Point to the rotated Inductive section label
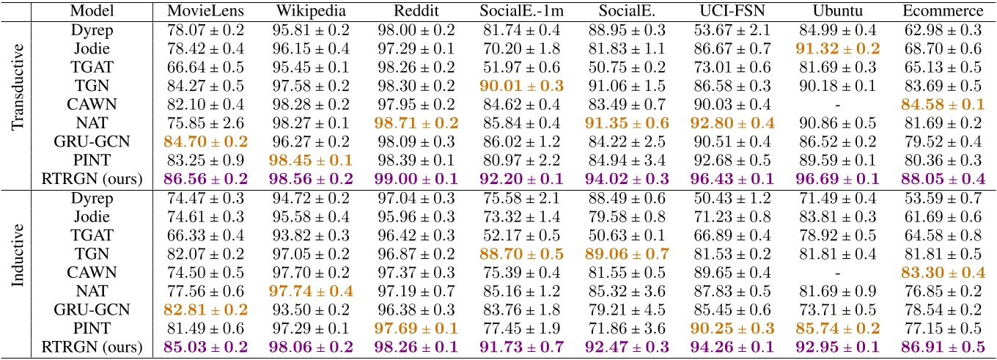(x=20, y=271)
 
